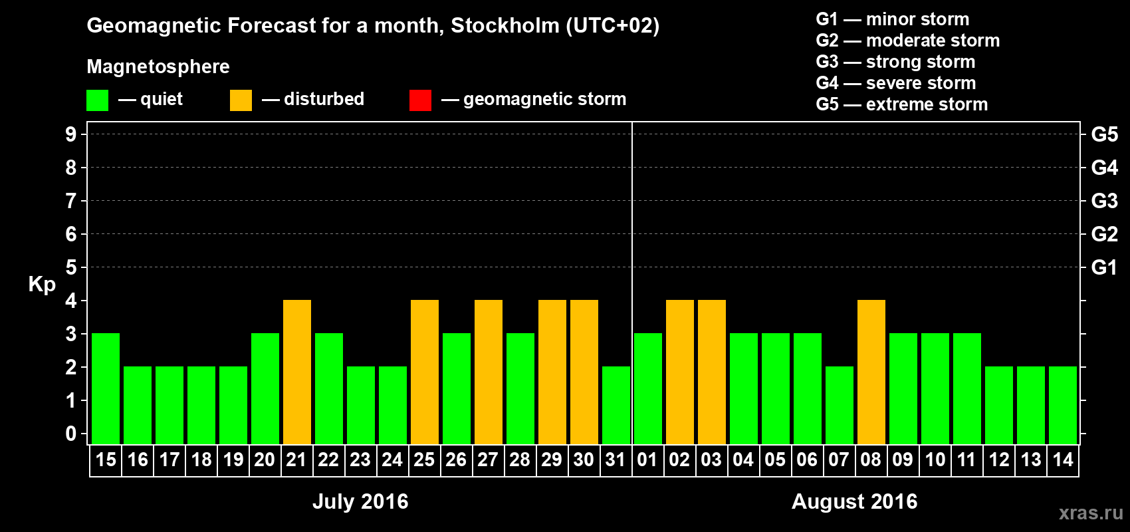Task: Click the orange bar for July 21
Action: [297, 372]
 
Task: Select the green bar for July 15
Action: [106, 388]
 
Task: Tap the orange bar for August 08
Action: [871, 372]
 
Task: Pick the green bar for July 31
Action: [616, 405]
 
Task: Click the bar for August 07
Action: [840, 405]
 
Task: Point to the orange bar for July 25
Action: [425, 372]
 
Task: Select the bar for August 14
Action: [1063, 405]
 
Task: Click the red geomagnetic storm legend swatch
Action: [420, 100]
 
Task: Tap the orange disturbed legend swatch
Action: [241, 100]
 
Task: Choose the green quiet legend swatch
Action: [97, 100]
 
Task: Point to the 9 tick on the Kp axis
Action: [71, 134]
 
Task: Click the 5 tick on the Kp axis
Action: [71, 267]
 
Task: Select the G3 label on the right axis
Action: [1104, 201]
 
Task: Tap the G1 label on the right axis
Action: [1104, 267]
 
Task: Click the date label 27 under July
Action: [488, 460]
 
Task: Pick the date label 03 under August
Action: [711, 460]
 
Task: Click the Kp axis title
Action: [42, 284]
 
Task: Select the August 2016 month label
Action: [854, 501]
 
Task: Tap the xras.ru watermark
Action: [1091, 513]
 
